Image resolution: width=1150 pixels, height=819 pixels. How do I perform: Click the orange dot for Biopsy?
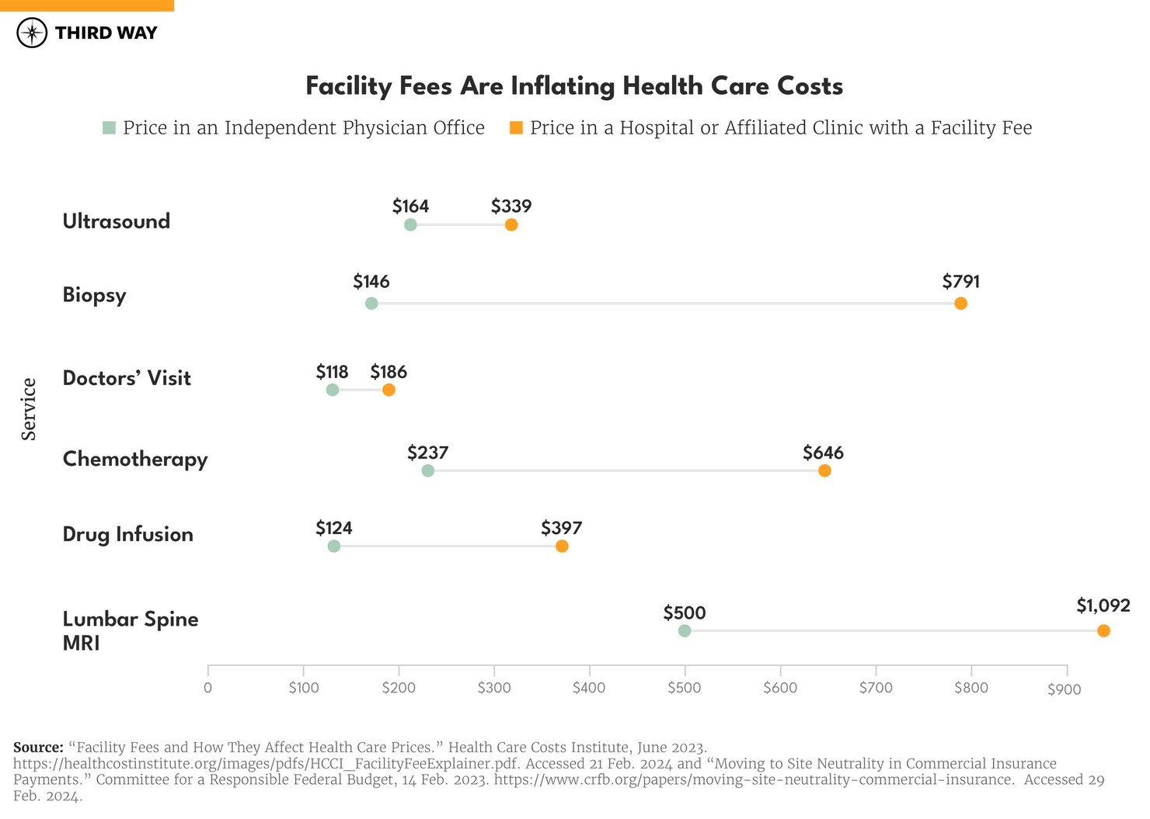960,304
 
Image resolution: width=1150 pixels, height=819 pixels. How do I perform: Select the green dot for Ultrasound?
410,225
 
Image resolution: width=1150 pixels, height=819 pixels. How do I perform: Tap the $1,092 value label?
1103,606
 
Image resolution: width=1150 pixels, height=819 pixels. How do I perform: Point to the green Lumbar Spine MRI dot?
685,630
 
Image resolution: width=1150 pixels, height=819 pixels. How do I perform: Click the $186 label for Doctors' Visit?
389,372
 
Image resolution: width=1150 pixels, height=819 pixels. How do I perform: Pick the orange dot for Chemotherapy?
824,471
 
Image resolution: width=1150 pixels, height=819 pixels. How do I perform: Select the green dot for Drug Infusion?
334,547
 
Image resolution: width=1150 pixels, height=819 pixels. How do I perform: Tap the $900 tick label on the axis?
1064,689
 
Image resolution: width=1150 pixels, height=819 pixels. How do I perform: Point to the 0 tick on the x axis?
207,687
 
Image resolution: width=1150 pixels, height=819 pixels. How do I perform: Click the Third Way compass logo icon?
32,33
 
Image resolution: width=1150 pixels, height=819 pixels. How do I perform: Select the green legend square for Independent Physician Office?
109,127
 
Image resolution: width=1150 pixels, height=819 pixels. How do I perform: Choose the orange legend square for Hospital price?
516,127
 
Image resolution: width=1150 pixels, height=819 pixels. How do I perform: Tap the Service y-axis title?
29,409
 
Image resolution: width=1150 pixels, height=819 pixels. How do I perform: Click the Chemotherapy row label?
135,459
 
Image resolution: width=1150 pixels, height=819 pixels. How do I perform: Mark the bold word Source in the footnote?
38,747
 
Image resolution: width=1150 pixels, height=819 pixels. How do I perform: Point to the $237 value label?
427,453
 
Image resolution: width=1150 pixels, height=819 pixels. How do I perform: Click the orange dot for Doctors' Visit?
389,390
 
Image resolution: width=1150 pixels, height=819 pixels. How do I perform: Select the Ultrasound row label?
117,221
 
